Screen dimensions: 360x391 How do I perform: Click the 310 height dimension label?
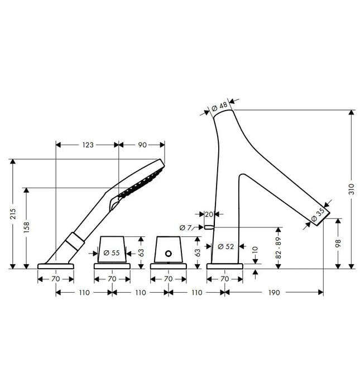pyautogui.click(x=351, y=189)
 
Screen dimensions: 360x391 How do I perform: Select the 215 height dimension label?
pyautogui.click(x=13, y=214)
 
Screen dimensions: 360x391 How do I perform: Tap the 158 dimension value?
pyautogui.click(x=26, y=227)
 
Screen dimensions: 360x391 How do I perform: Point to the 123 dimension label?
pyautogui.click(x=88, y=145)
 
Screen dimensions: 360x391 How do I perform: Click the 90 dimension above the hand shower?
pyautogui.click(x=142, y=145)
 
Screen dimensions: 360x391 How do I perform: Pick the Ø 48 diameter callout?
pyautogui.click(x=219, y=107)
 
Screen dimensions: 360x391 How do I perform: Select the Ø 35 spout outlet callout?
pyautogui.click(x=318, y=214)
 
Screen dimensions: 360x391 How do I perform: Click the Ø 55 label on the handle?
pyautogui.click(x=112, y=253)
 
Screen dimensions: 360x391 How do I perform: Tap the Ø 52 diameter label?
pyautogui.click(x=225, y=247)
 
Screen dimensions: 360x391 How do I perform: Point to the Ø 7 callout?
pyautogui.click(x=185, y=227)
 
